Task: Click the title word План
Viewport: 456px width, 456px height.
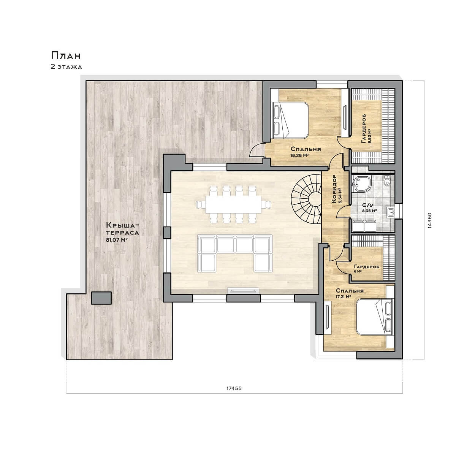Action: [66, 56]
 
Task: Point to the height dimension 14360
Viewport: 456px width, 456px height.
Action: [429, 220]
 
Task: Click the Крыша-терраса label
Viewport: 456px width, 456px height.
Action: [122, 228]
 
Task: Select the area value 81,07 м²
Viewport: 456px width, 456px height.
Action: [117, 240]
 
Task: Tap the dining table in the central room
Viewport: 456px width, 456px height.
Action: [233, 204]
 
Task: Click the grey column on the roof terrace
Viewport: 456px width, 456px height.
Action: [101, 298]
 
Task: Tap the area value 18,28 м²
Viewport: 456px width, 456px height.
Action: [300, 155]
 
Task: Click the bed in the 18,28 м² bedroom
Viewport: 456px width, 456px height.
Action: [291, 120]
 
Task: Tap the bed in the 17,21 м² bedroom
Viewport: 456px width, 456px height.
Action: [374, 317]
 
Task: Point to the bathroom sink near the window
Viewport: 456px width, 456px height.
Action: [391, 212]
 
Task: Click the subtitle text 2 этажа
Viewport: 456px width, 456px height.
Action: [66, 67]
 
